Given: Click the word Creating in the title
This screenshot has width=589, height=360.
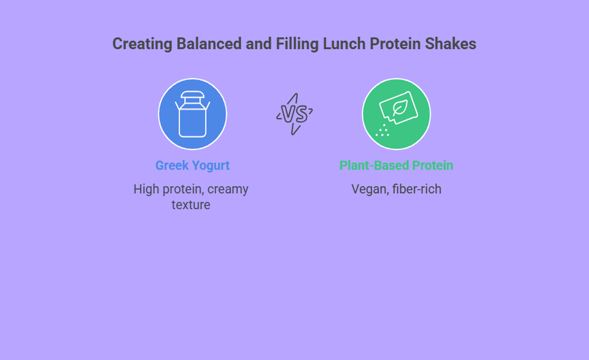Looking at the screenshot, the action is tap(142, 44).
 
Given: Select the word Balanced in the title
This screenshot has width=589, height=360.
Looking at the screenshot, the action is tap(209, 43).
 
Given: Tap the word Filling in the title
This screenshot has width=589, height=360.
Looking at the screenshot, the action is tap(297, 44).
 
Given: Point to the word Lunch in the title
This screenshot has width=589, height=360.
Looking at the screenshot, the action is tap(344, 43).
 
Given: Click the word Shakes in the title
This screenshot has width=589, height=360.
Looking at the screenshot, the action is tap(450, 43).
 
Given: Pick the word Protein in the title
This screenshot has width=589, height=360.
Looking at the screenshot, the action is tap(395, 43).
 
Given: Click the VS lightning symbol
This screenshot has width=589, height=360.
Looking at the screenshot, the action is tap(294, 114).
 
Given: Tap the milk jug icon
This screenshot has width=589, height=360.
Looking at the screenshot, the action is tap(192, 114).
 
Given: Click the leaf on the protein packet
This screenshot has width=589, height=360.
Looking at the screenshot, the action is tap(400, 108).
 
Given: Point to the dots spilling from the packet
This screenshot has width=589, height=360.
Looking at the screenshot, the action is tap(382, 130).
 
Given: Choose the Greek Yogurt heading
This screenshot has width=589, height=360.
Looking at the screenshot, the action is tap(192, 166).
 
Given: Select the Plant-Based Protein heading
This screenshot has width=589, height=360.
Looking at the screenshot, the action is tap(396, 165).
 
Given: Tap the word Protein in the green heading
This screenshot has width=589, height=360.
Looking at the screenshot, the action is tap(433, 165).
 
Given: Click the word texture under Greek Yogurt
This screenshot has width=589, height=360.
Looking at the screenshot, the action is tap(191, 205).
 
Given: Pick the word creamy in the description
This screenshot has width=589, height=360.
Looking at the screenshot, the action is tap(228, 189).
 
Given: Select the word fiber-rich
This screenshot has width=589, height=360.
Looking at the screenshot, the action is tap(417, 189).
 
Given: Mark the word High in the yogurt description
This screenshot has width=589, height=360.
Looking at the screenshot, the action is tap(146, 189).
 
